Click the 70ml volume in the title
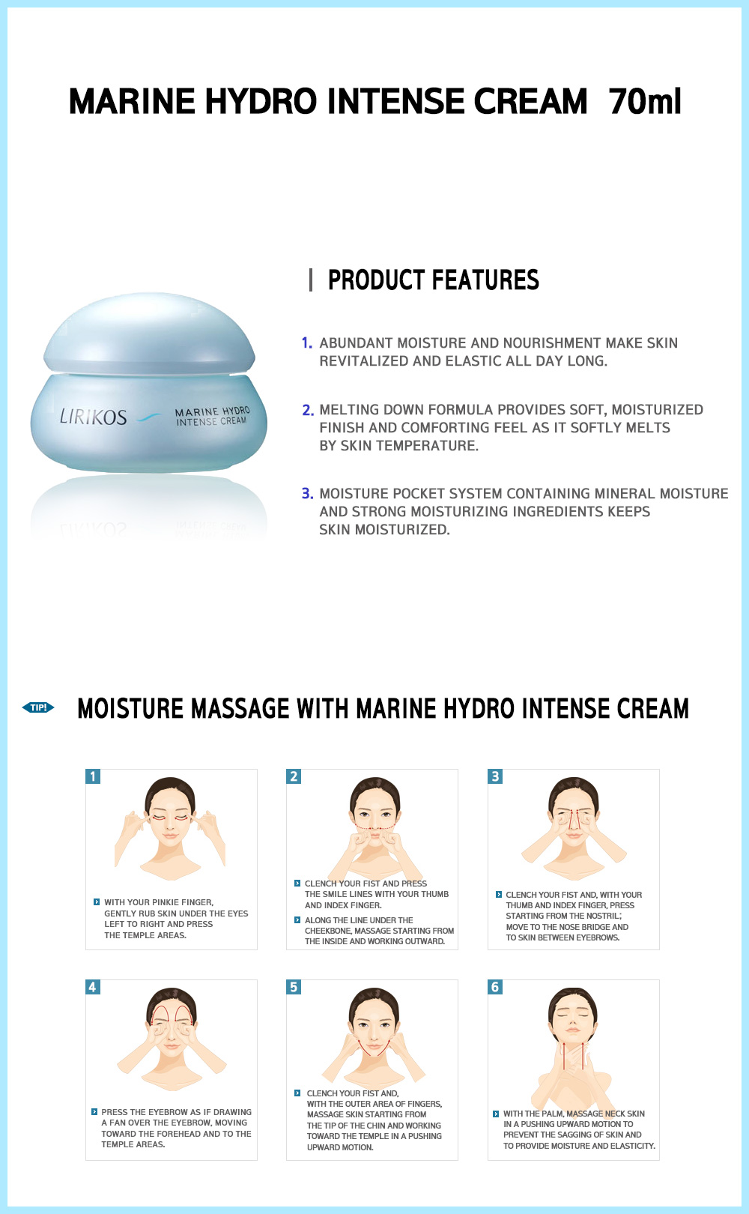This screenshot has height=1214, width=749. [645, 101]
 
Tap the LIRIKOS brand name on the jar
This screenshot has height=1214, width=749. [93, 417]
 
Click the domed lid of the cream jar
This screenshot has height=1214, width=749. [149, 333]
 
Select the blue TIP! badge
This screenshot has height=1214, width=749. [38, 707]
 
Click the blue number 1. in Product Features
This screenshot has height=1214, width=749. [307, 343]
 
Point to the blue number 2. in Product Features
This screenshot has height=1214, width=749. [308, 410]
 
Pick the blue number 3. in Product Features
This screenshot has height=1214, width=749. [308, 494]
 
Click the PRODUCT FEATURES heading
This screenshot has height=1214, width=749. [433, 280]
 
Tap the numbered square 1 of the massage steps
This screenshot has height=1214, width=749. [93, 776]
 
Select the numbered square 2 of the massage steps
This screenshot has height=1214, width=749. [294, 776]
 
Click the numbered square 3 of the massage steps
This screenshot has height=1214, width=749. [495, 776]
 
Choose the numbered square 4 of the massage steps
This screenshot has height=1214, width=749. [93, 987]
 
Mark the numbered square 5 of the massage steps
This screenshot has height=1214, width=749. [294, 987]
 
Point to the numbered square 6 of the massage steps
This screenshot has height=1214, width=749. [495, 987]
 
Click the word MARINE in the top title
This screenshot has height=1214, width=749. [132, 101]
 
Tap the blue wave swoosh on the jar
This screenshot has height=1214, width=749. [148, 417]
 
